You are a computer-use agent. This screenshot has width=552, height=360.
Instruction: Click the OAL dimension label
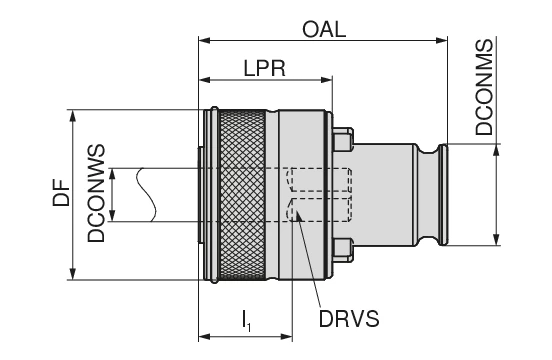[x=324, y=30]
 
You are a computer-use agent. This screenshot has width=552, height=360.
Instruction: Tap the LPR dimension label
[x=265, y=68]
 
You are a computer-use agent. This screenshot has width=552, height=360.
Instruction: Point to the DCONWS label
[x=96, y=193]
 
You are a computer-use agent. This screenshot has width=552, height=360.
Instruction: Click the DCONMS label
[x=484, y=87]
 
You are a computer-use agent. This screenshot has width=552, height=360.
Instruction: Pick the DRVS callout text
[x=349, y=319]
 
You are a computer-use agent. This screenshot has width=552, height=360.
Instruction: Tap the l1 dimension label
[x=246, y=320]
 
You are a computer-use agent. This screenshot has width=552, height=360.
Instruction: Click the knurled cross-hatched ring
[x=242, y=195]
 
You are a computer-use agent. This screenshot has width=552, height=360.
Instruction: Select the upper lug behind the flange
[x=343, y=139]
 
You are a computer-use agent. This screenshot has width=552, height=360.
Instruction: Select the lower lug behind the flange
[x=343, y=250]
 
